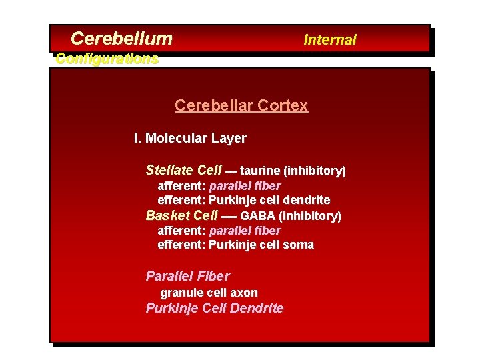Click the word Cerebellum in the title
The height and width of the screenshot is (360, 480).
click(121, 39)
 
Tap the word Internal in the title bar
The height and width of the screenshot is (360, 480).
click(330, 40)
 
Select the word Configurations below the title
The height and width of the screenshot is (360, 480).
click(107, 59)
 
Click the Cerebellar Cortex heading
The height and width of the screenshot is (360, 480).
click(241, 105)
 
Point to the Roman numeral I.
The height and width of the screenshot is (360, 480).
click(137, 139)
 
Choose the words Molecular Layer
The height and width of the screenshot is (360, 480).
click(196, 139)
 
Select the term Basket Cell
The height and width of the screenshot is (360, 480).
click(182, 215)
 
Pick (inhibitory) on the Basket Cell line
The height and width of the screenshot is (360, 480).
click(310, 216)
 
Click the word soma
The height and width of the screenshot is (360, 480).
click(298, 245)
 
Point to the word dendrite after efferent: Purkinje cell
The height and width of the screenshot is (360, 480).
click(306, 200)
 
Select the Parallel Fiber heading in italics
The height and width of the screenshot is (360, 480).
click(187, 276)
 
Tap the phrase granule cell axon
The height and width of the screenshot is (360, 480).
click(209, 293)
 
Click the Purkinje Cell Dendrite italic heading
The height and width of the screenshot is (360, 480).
click(215, 308)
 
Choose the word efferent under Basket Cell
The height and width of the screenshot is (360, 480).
click(181, 245)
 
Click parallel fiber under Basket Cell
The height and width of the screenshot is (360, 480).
click(245, 231)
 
